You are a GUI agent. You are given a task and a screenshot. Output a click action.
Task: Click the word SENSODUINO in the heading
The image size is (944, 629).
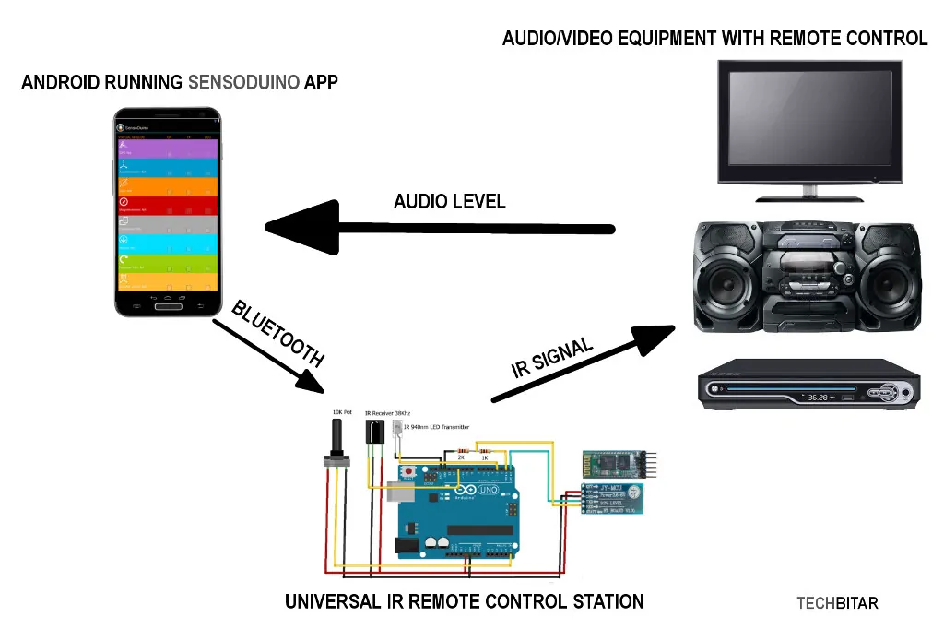pyautogui.click(x=243, y=82)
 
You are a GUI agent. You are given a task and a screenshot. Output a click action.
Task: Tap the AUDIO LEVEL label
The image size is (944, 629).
pyautogui.click(x=449, y=201)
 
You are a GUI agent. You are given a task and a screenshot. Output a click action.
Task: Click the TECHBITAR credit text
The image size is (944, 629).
pyautogui.click(x=837, y=604)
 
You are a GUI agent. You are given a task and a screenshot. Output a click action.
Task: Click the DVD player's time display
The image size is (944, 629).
pyautogui.click(x=817, y=398)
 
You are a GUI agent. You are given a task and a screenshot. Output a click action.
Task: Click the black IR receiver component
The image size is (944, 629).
pyautogui.click(x=374, y=433)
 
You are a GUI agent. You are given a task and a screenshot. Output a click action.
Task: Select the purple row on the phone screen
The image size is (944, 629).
pyautogui.click(x=168, y=148)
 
